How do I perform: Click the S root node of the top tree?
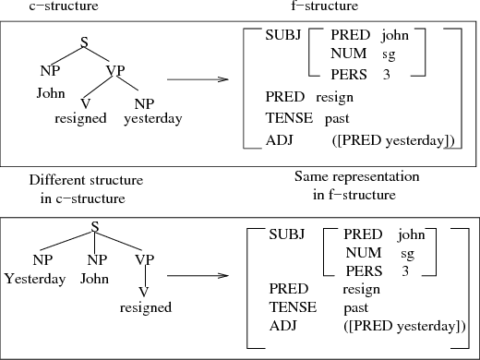85,42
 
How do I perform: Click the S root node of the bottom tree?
94,225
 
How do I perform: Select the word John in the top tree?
50,93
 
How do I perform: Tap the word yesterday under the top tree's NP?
152,118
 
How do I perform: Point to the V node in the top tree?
85,102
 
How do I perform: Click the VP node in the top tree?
116,70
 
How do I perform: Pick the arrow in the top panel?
198,80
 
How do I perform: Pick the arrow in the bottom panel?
197,275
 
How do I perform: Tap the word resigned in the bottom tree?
146,307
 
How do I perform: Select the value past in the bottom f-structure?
355,307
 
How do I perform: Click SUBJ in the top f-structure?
282,35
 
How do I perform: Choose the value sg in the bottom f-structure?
407,253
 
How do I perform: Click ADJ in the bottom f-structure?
281,326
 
